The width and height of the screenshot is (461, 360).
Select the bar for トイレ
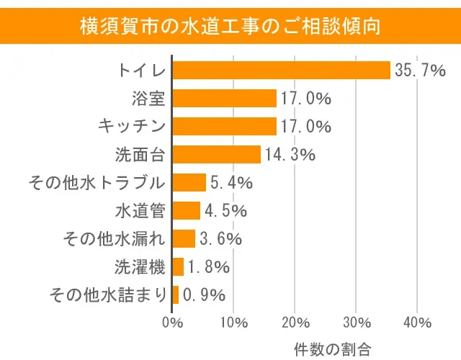coord(281,71)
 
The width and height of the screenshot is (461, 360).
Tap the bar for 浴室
coord(225,99)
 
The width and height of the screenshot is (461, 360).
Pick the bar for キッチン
coord(225,127)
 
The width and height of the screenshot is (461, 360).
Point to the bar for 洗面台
coord(217,155)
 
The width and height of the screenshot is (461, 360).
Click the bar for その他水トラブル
coord(189,183)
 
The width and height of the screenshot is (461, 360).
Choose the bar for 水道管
coord(187,211)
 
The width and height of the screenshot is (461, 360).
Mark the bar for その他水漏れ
coord(184,238)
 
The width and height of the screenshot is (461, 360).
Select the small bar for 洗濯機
coord(178,266)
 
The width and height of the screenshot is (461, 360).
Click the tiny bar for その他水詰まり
coord(176,294)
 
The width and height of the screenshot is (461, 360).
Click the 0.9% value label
coord(204,294)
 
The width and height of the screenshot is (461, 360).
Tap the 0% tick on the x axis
coord(173,321)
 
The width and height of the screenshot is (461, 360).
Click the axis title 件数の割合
coord(332,348)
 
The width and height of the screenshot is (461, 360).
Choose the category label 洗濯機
coord(140,266)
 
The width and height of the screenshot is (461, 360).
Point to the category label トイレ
coord(142,71)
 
